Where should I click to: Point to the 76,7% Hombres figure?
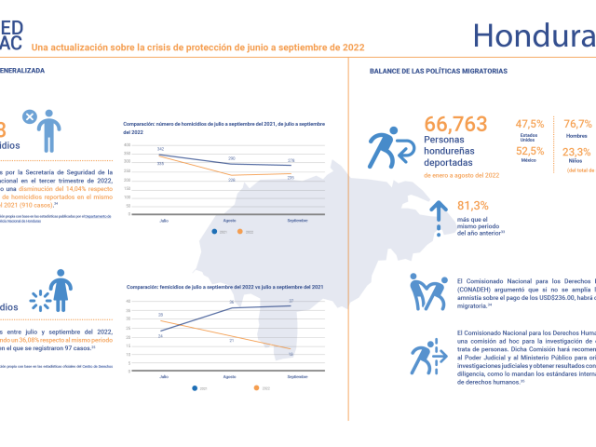[x=577, y=124]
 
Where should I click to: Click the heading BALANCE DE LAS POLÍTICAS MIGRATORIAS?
[x=439, y=71]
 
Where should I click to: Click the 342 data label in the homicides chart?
[x=161, y=149]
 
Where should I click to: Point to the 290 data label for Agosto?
[x=231, y=158]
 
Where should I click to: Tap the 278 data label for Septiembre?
[x=291, y=161]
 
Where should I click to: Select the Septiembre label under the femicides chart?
[x=296, y=375]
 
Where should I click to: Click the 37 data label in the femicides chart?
[x=291, y=302]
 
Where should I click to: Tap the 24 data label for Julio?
[x=161, y=335]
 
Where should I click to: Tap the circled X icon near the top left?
[x=30, y=118]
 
